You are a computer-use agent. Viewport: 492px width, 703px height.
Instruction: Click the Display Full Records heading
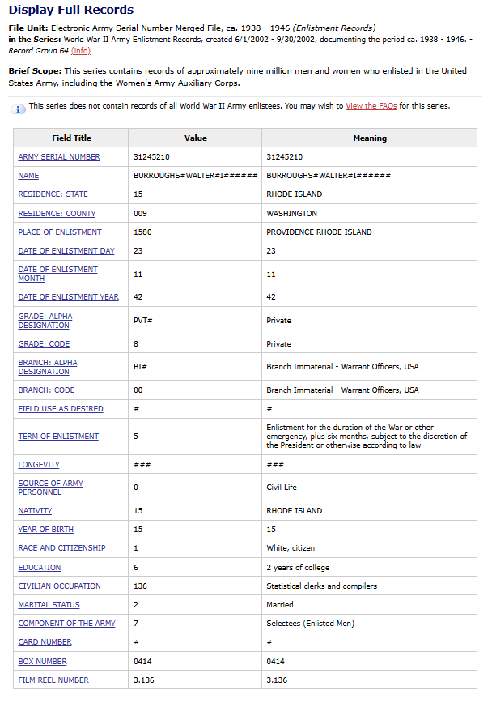(x=71, y=10)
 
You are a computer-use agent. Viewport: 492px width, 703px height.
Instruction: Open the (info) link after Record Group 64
(x=81, y=51)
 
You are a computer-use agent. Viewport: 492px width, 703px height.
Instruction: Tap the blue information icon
(x=19, y=109)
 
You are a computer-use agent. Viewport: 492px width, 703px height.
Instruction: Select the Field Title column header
(x=71, y=138)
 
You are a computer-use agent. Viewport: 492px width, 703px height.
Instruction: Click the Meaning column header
(x=370, y=138)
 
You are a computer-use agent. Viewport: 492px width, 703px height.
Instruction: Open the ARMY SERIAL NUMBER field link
(x=59, y=157)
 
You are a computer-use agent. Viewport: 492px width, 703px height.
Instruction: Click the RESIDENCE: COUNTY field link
(x=57, y=214)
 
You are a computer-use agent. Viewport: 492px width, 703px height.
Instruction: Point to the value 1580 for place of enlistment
(x=142, y=232)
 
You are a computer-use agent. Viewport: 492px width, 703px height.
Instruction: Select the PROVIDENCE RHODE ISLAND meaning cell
(x=319, y=232)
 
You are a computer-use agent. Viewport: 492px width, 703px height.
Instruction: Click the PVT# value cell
(x=143, y=321)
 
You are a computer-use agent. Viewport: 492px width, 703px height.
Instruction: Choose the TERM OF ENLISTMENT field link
(x=58, y=437)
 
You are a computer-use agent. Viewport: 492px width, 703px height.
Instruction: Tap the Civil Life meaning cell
(x=282, y=488)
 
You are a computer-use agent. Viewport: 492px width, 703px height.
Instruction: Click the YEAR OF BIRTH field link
(x=46, y=530)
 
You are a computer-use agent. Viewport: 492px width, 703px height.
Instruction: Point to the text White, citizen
(x=291, y=548)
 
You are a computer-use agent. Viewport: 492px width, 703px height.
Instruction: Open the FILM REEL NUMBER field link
(x=53, y=680)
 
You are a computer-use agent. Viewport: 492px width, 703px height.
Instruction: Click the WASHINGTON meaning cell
(x=291, y=214)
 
